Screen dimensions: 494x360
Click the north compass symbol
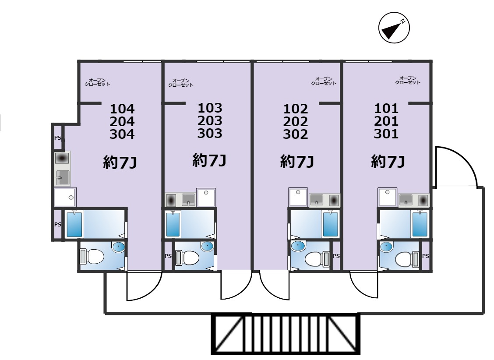coord(394,28)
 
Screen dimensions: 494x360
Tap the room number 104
coord(122,109)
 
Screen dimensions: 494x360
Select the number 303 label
coord(210,133)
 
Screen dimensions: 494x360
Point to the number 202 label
coord(295,122)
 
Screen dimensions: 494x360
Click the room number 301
coord(386,134)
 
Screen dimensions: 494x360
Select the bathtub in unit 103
coord(173,225)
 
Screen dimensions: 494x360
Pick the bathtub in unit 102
coord(330,224)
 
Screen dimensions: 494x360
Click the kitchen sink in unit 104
coord(62,178)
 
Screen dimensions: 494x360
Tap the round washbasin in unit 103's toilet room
coord(207,246)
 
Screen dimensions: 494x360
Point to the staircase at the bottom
coord(286,334)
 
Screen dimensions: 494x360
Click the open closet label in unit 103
coord(181,83)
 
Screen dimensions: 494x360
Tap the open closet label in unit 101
coord(408,80)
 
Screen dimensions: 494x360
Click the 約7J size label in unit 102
coord(297,162)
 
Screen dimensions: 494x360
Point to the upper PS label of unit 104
coord(58,138)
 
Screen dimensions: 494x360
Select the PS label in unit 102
coord(336,256)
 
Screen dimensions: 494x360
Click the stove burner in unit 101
coord(423,200)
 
